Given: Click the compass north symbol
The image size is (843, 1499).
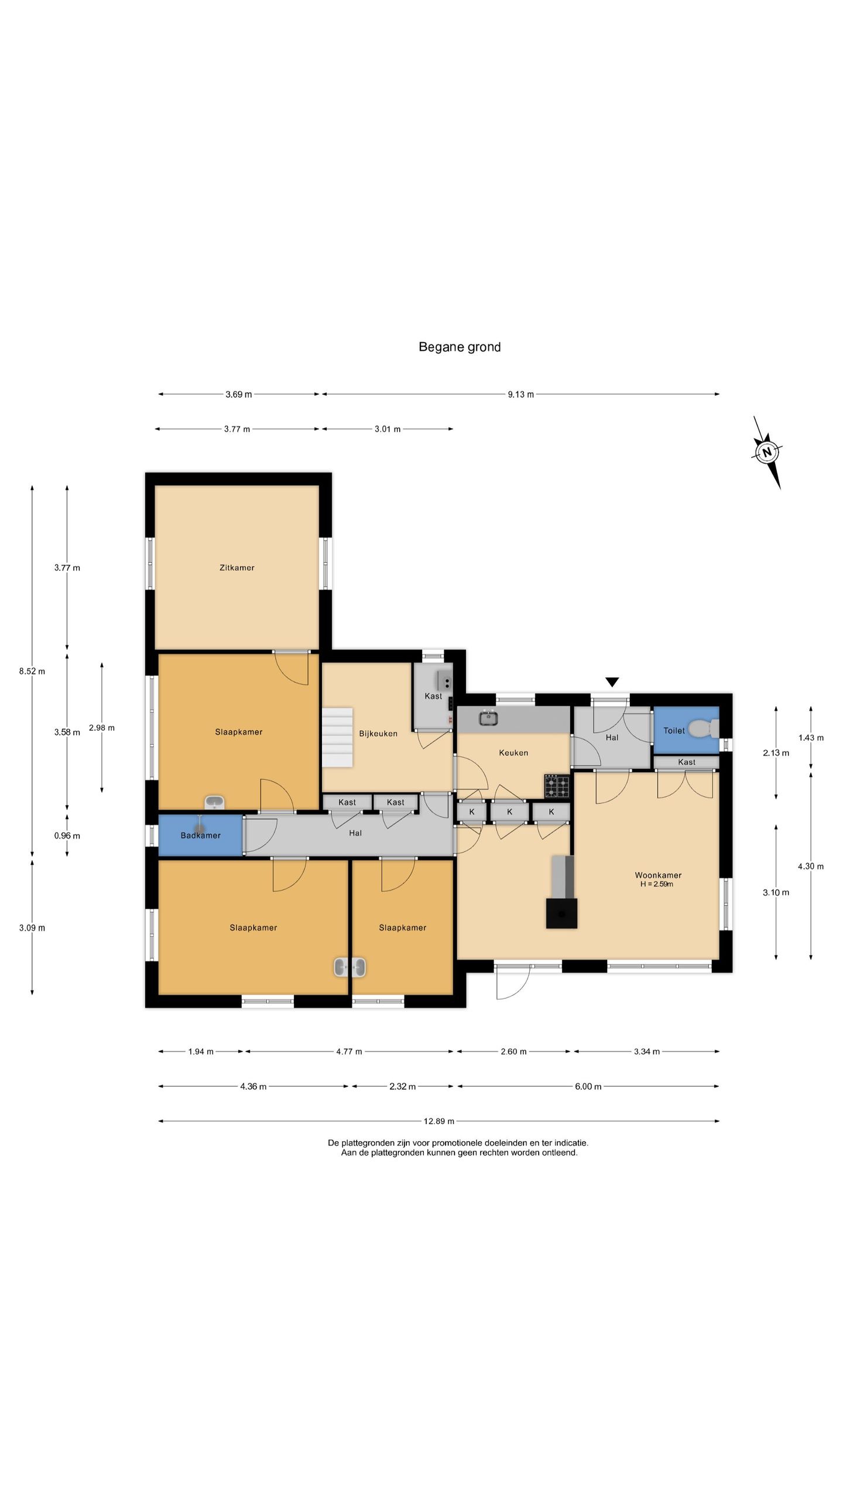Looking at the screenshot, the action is point(766,452).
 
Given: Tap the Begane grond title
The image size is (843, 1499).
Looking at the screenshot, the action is point(460,347).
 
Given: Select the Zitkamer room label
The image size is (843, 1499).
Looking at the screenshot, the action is point(237,567).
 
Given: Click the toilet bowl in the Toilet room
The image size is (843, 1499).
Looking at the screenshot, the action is point(701,729).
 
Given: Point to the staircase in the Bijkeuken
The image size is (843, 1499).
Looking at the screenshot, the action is point(337,737).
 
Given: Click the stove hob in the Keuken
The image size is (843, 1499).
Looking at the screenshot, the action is point(557,786).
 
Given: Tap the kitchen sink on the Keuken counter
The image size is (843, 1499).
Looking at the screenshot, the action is point(488,717).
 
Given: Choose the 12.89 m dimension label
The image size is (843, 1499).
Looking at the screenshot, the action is point(439,1121).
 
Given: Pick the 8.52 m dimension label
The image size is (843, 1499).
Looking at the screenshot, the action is point(32,672).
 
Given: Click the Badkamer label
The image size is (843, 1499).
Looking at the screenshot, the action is point(201,836).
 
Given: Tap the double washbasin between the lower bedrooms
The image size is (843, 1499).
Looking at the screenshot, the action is point(350,967).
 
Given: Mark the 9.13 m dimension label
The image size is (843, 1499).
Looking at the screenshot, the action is point(521,395).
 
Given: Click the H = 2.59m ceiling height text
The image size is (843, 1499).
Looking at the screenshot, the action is point(657,884).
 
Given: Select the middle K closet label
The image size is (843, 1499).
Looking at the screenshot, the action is point(509,812).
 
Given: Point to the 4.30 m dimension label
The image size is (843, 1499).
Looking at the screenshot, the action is point(811,867).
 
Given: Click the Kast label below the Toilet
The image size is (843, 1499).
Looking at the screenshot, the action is point(687,762).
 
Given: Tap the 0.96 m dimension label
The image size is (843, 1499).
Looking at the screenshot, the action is point(67,836).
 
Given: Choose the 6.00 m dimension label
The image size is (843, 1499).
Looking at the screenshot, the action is point(588,1087).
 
